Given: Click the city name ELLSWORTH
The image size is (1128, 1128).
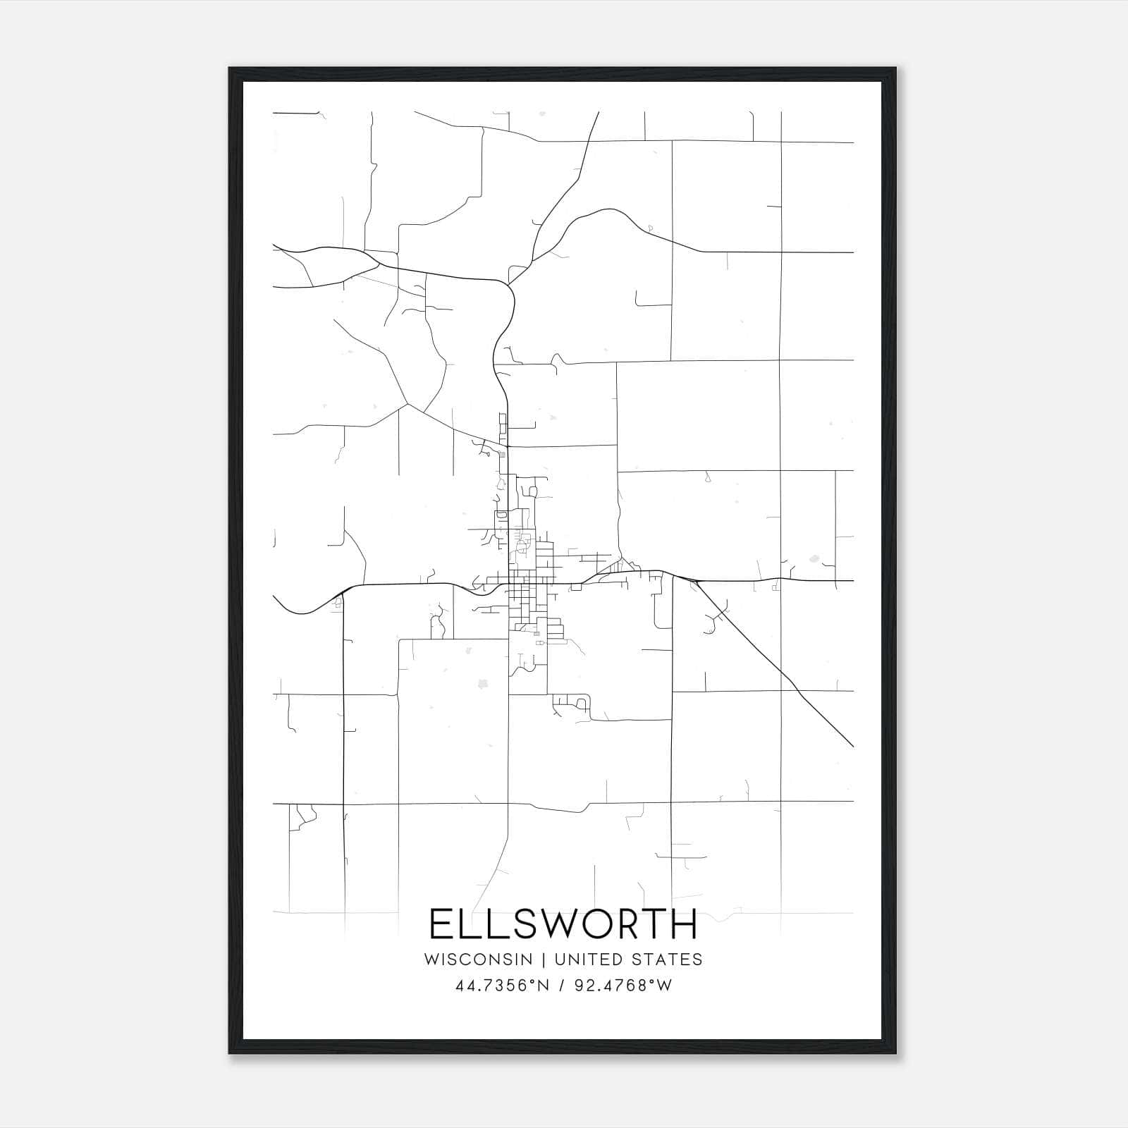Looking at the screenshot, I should (563, 924).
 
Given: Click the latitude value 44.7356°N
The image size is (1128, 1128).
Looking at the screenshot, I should (502, 986).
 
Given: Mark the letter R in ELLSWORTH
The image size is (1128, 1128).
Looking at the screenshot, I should (625, 924).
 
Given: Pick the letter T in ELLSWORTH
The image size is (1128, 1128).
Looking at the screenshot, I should (654, 924).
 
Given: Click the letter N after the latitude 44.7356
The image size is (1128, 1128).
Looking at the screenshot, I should (543, 986).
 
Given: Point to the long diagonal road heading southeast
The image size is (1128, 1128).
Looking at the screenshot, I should (775, 663).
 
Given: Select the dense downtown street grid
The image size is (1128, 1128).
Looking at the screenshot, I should (525, 592).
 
